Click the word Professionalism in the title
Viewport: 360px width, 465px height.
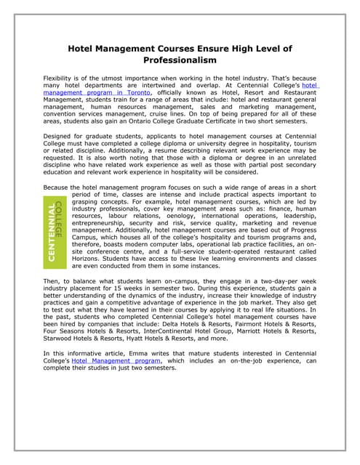[x=179, y=60]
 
